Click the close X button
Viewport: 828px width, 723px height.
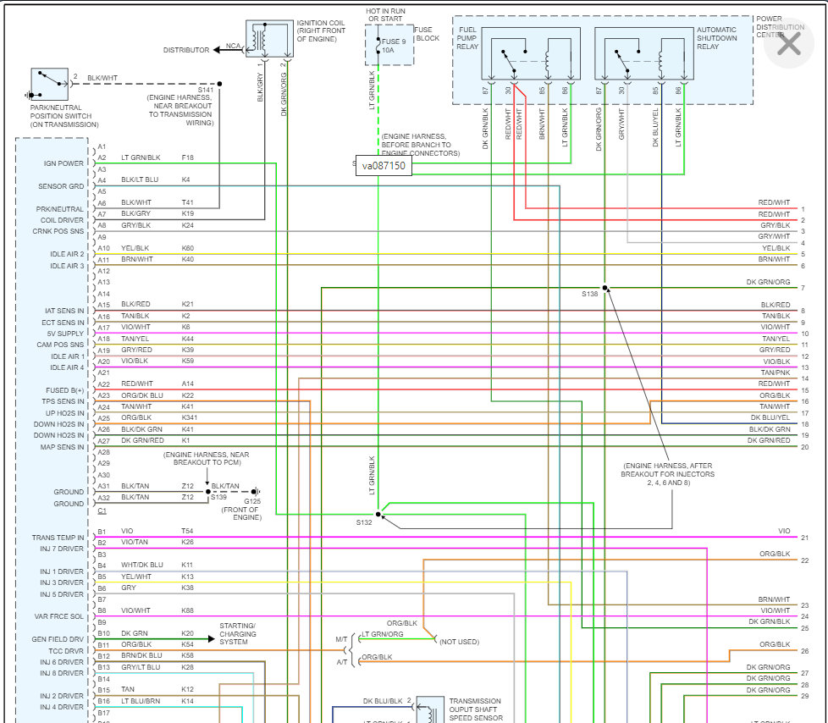tap(788, 43)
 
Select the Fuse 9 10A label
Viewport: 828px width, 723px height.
tap(394, 46)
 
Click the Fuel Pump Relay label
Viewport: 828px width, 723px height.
tap(467, 38)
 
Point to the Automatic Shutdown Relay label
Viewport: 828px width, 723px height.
tap(716, 38)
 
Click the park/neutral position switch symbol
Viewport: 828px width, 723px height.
tap(50, 83)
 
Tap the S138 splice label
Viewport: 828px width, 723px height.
tap(590, 294)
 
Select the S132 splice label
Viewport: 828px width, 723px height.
tap(364, 522)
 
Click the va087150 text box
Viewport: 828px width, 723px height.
tap(383, 166)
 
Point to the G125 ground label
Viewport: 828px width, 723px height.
tap(252, 501)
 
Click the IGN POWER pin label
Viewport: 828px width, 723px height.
tap(64, 163)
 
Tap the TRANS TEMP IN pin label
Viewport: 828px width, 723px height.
tap(58, 538)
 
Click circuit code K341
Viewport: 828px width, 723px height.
tap(190, 418)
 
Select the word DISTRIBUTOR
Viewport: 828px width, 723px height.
tap(186, 50)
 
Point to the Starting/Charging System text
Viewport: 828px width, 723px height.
tap(237, 634)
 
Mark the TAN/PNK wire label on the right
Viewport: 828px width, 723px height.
tap(775, 373)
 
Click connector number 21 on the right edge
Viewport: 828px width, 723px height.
tap(804, 538)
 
